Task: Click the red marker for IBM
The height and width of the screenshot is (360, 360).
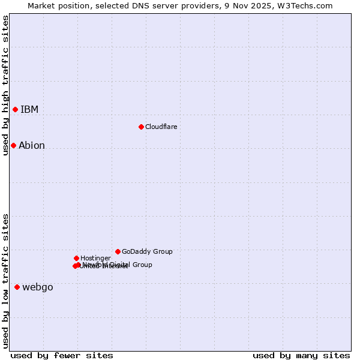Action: tap(15, 109)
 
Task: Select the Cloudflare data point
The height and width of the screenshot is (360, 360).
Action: tap(141, 127)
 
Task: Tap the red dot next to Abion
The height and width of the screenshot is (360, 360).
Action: tap(13, 145)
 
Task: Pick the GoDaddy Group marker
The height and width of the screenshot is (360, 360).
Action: tap(118, 251)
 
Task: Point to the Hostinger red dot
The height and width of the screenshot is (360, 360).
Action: tap(76, 258)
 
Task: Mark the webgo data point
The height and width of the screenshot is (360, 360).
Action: tap(17, 287)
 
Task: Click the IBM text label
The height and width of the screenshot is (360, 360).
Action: tap(29, 109)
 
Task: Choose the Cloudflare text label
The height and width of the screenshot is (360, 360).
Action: tap(161, 127)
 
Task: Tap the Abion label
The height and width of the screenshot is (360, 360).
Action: tap(32, 145)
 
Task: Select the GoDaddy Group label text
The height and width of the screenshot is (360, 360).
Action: tap(147, 251)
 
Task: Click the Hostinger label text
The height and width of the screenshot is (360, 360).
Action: tap(95, 258)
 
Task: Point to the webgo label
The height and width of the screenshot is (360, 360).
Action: tap(38, 287)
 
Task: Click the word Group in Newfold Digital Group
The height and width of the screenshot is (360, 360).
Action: tap(142, 265)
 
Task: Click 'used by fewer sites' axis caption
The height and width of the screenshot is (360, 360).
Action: tap(62, 355)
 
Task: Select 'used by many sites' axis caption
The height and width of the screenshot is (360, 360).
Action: tap(301, 355)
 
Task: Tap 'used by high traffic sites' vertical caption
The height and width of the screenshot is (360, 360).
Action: tap(5, 85)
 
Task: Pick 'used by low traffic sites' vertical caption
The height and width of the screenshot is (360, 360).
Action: tap(5, 281)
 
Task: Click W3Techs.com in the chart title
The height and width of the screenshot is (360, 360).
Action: tap(308, 5)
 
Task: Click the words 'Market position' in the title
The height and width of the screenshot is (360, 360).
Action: tap(58, 5)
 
